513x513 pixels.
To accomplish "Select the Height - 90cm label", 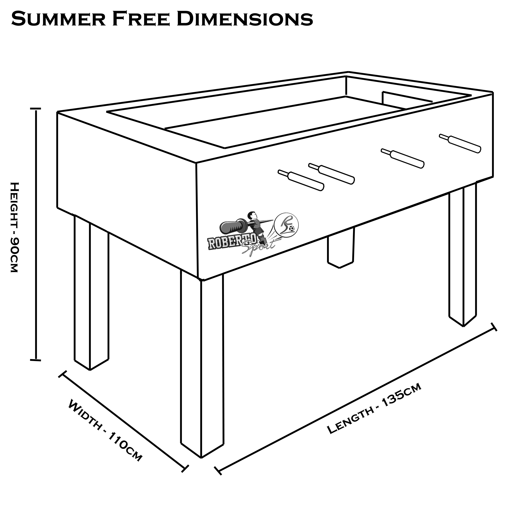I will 14,227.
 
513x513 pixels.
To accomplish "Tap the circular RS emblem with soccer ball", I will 286,225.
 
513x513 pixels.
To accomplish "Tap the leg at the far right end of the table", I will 462,255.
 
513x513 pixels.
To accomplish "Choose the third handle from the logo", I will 402,158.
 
